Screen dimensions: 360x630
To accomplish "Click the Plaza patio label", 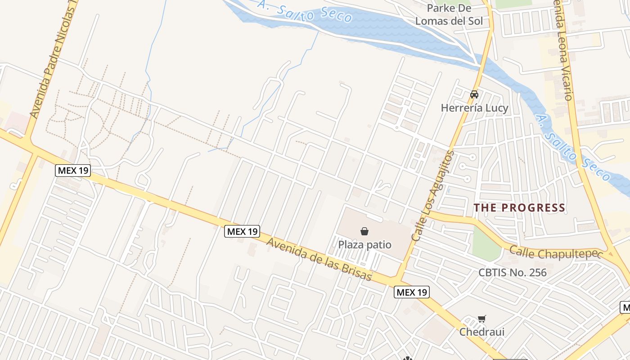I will tap(364, 245).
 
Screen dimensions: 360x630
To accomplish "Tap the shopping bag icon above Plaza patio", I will tap(364, 231).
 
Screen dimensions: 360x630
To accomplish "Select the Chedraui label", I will tap(481, 332).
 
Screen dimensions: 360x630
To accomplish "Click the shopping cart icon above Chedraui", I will tap(481, 319).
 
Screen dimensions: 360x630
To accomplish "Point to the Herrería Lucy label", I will tap(474, 108).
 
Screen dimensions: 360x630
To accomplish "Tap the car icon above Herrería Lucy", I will tap(474, 94).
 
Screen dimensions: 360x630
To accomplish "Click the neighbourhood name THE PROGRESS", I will tap(520, 207).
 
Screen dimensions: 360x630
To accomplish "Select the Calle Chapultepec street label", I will tap(555, 252).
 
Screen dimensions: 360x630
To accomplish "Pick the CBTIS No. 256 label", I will tap(512, 272).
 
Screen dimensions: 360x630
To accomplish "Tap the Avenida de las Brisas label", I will tap(320, 259).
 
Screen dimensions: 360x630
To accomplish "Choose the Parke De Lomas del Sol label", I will tap(449, 15).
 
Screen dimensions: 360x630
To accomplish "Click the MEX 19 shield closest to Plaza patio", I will tap(242, 231).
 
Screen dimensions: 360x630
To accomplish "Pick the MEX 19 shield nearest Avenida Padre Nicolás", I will tap(73, 171).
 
